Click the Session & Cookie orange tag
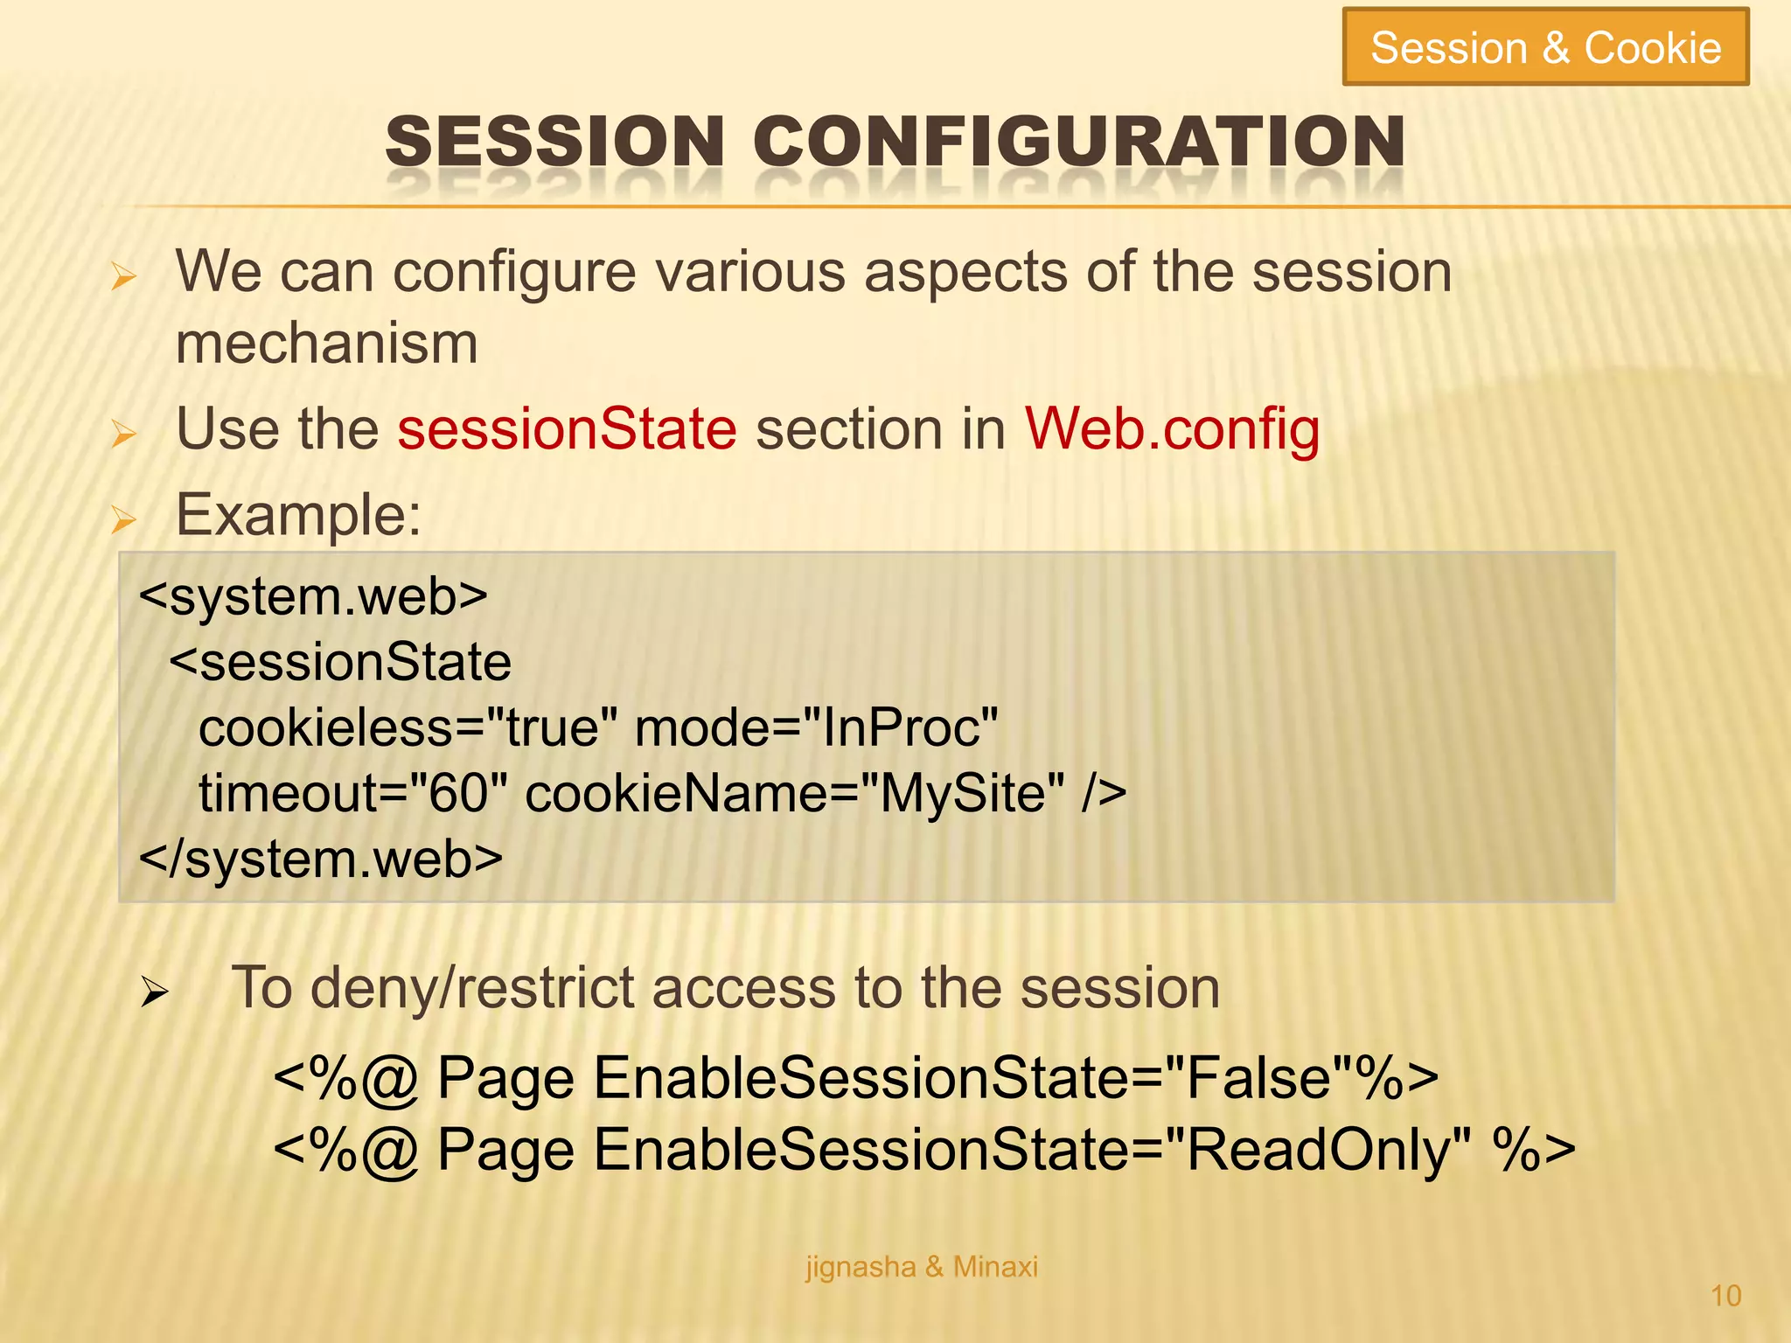[1545, 47]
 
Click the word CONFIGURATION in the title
[1078, 142]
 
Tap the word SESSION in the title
[554, 142]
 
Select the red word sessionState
[567, 429]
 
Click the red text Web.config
[1172, 429]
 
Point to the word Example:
[298, 515]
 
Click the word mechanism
[326, 344]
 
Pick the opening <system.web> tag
[313, 597]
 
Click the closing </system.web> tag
[321, 859]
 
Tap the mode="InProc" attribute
[816, 728]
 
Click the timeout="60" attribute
[353, 794]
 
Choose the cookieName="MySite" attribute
[795, 794]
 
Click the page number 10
[1725, 1296]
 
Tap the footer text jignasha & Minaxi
[922, 1267]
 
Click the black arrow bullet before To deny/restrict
[155, 992]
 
